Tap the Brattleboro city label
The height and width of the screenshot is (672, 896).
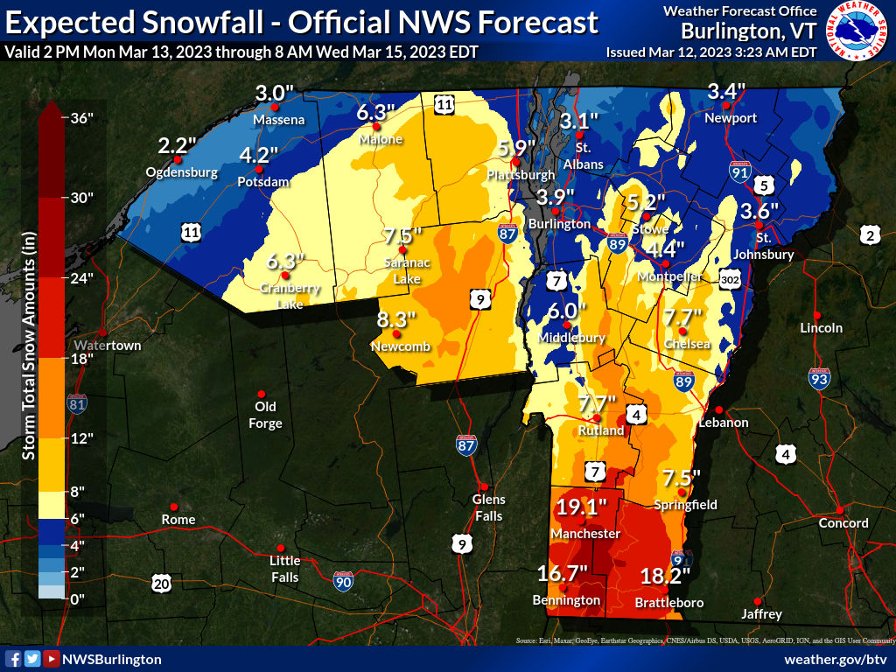[668, 603]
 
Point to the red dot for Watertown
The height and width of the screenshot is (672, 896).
[102, 332]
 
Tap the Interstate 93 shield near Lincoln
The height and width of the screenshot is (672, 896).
[818, 378]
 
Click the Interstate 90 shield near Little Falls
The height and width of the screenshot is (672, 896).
[344, 580]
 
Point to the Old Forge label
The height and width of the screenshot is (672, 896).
[265, 415]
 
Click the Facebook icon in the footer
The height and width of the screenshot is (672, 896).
[13, 659]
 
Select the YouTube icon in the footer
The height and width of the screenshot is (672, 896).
[52, 659]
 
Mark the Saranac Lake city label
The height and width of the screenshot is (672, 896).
[402, 271]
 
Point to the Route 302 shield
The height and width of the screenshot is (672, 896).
[732, 279]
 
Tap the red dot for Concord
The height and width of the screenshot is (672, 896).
[838, 509]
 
